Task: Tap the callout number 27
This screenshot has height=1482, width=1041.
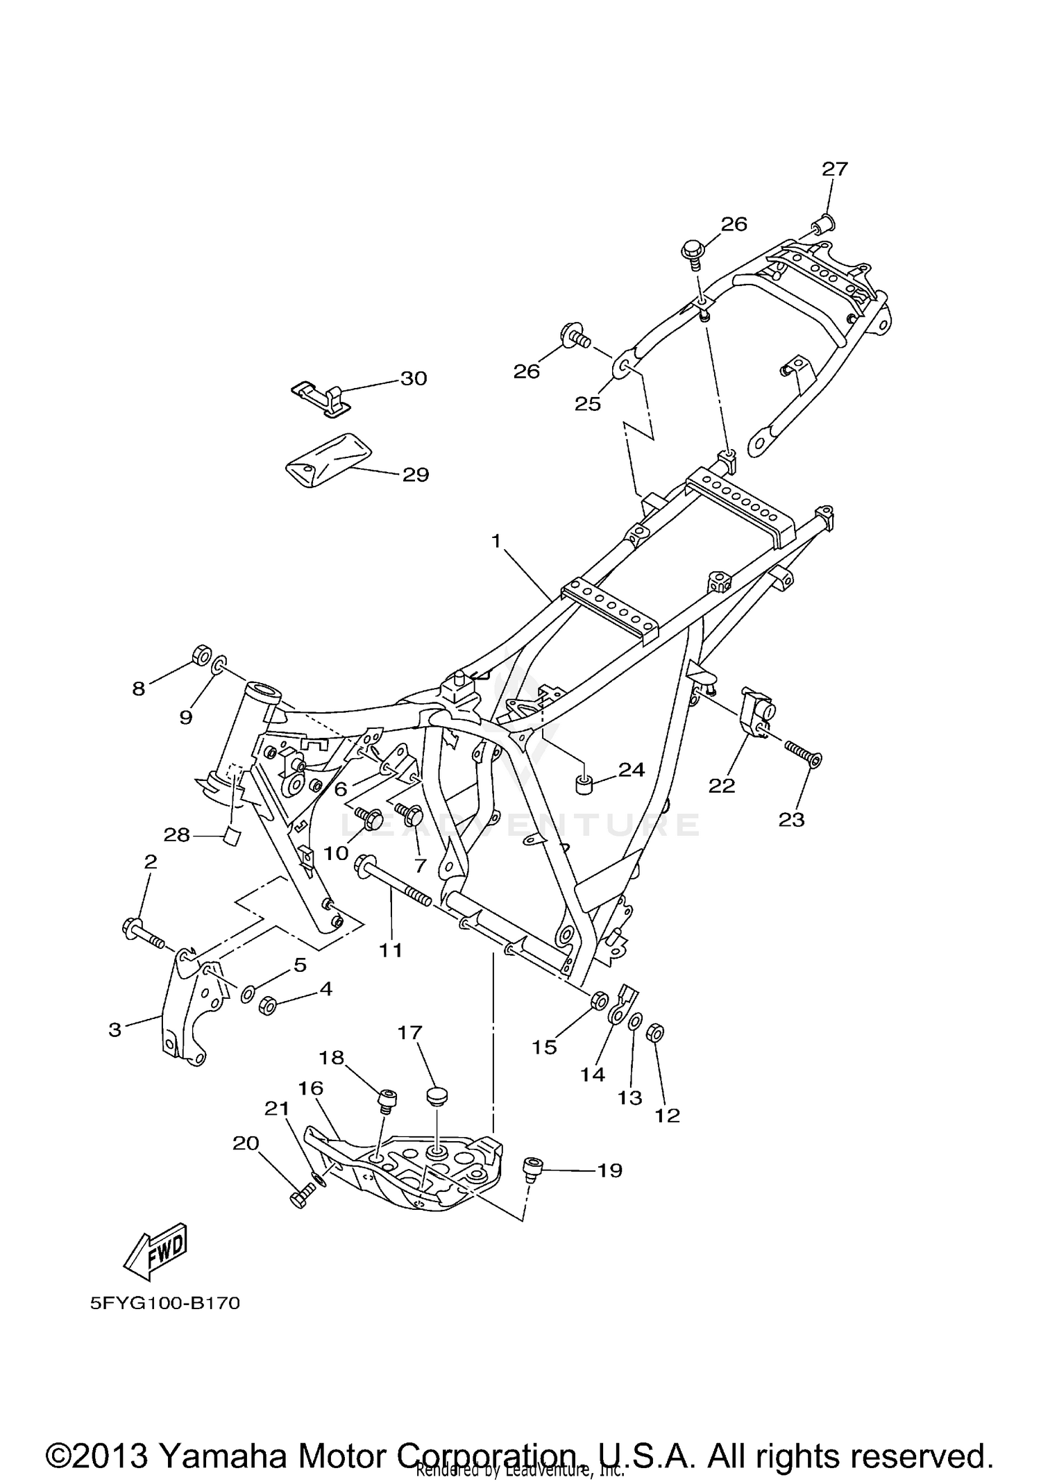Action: [835, 169]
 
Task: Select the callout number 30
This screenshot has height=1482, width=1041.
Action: [414, 378]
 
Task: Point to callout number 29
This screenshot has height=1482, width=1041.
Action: [416, 475]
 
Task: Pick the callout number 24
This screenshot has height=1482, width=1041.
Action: [632, 769]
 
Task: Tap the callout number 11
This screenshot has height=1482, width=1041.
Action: [391, 950]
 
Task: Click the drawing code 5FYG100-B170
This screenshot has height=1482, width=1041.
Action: [165, 1304]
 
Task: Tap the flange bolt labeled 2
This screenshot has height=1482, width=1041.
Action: [142, 932]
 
